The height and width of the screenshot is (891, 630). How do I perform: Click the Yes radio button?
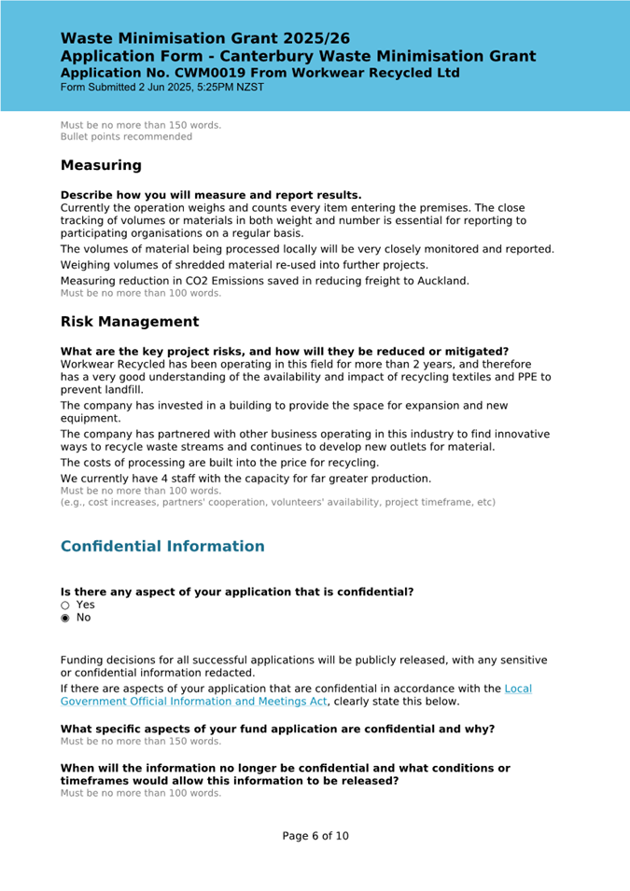(65, 605)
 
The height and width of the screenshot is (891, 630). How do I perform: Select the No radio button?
(65, 618)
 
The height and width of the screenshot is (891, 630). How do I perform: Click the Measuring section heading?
(101, 165)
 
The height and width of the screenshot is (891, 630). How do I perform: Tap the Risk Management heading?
(130, 322)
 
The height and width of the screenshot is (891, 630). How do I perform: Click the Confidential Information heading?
(162, 546)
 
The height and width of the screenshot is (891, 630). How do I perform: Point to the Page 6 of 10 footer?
(315, 836)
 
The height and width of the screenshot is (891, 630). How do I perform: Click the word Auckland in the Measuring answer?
(441, 281)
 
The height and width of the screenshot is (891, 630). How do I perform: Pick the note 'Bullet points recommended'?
(126, 136)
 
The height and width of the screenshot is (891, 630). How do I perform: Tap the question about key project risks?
(285, 352)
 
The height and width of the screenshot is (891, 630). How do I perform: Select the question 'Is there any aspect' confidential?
(237, 592)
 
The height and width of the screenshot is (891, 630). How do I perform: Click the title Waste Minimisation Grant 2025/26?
(205, 38)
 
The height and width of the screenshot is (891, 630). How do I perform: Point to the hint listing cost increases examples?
(278, 502)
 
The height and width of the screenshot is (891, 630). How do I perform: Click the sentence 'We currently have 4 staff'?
(245, 479)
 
